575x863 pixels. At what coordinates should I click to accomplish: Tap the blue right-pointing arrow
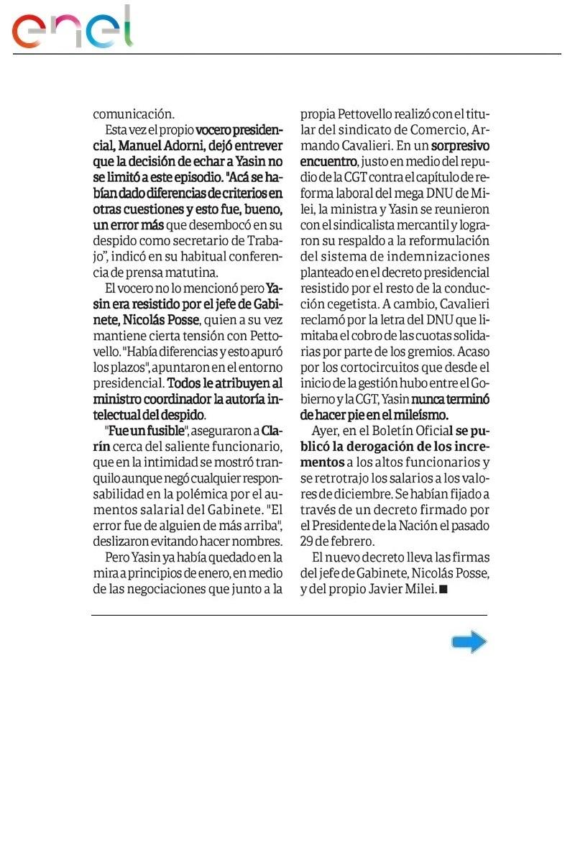(469, 641)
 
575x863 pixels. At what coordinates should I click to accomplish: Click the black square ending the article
(443, 589)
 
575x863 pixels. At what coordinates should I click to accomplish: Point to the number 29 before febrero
(308, 541)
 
